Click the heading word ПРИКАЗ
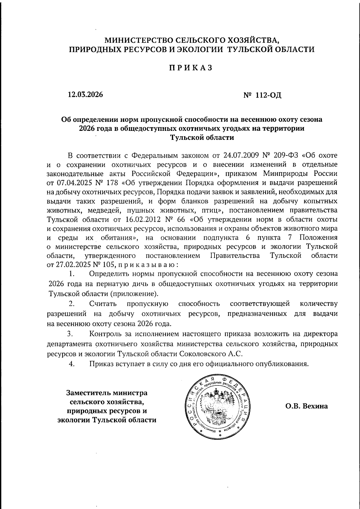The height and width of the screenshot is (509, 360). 190,68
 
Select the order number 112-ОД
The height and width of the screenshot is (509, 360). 268,95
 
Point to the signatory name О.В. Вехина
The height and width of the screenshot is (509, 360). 307,406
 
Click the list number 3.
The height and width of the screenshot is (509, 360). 70,334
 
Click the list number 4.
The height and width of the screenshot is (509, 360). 71,364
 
